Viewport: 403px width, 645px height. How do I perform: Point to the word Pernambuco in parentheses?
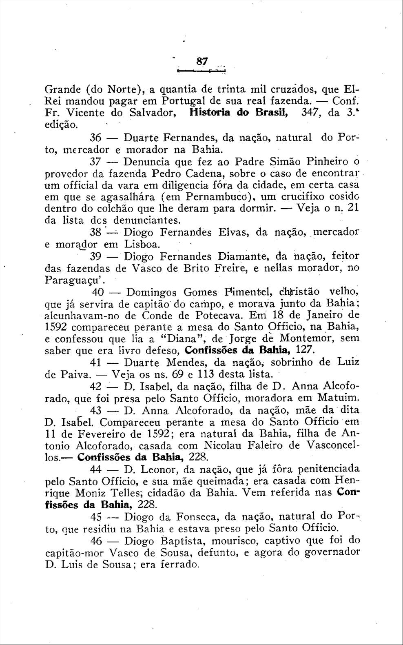pyautogui.click(x=218, y=196)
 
